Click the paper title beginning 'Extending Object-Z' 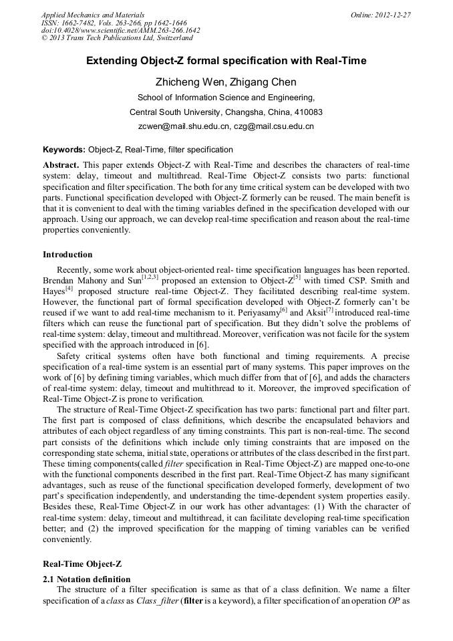point(226,61)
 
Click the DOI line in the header point(120,30)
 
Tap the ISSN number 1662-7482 point(78,22)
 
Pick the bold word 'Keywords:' point(64,150)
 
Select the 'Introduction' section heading point(67,255)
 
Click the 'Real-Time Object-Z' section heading point(83,563)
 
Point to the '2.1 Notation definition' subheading point(86,579)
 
